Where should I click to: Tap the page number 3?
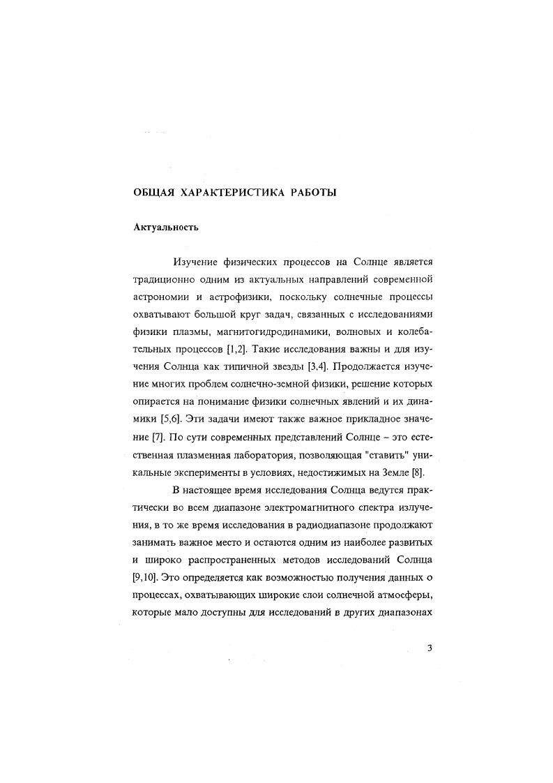[x=430, y=648]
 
